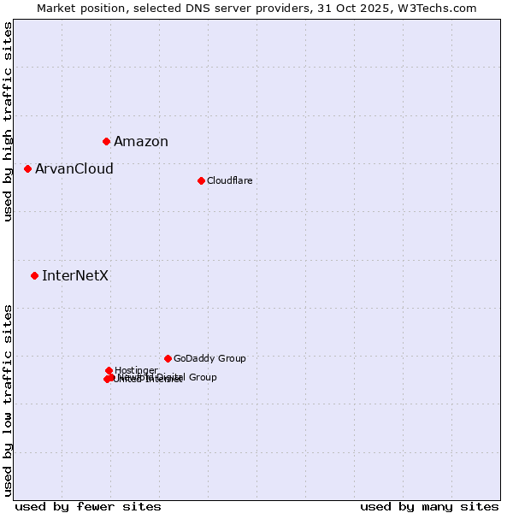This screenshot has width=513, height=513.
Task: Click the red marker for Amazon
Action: click(x=106, y=141)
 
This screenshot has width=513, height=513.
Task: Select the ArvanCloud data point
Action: click(x=27, y=168)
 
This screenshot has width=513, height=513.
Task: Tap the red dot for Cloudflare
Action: click(x=201, y=180)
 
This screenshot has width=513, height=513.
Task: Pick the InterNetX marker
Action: click(x=34, y=275)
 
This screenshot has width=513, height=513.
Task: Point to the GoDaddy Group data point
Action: click(x=168, y=358)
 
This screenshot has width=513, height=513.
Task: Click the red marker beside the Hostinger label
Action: click(x=109, y=370)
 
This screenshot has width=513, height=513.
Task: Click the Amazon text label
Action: click(x=141, y=142)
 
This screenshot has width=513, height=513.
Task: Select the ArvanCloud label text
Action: click(x=74, y=169)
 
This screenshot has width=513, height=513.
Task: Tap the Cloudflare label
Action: click(x=229, y=180)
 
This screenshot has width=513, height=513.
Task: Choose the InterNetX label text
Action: click(x=75, y=276)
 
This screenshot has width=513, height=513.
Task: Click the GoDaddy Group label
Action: click(x=209, y=359)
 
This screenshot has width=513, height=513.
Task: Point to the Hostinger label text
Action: click(x=136, y=370)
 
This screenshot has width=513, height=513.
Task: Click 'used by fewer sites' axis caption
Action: click(x=88, y=506)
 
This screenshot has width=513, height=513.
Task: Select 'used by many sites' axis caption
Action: click(x=429, y=506)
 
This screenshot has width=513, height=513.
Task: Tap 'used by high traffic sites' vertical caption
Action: click(x=8, y=121)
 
